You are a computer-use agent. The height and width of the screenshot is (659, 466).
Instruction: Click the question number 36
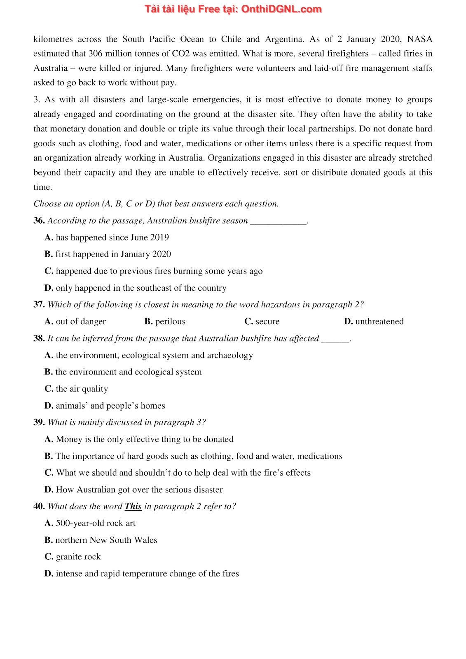(x=39, y=221)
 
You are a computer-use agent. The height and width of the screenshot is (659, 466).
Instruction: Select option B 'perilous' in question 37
(x=170, y=322)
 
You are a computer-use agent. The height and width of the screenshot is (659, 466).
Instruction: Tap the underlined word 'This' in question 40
(x=133, y=507)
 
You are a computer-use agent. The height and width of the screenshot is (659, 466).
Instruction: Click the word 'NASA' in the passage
(x=419, y=40)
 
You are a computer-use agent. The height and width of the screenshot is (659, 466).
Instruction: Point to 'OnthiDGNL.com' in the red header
(x=281, y=9)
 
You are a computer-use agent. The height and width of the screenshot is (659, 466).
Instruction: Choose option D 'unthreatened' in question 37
(x=379, y=322)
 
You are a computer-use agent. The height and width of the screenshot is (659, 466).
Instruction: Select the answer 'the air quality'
(x=82, y=389)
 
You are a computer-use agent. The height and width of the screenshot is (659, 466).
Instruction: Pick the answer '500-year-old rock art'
(x=95, y=523)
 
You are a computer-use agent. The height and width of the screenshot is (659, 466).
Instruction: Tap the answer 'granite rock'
(x=78, y=557)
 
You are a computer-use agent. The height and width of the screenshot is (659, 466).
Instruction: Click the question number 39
(x=39, y=423)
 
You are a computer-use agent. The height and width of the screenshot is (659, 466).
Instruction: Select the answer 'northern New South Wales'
(x=106, y=540)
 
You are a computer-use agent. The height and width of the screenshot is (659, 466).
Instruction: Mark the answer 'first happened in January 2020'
(x=113, y=254)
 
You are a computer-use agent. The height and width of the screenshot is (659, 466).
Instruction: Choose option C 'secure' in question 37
(x=267, y=322)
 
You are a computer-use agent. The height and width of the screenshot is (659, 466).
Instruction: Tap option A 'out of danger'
(x=80, y=322)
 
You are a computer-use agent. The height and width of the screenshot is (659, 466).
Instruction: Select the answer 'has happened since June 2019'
(x=112, y=238)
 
